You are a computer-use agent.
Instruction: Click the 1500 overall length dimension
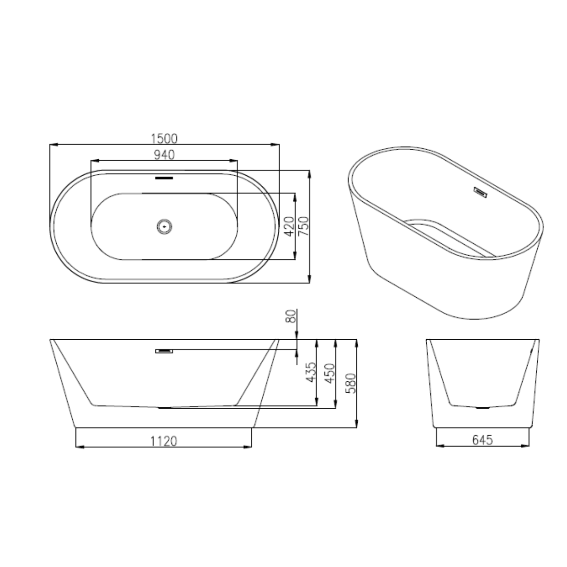[164, 138]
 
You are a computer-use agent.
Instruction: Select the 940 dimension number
[164, 155]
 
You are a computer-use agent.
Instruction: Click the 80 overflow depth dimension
[291, 316]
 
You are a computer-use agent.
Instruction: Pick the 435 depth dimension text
[310, 373]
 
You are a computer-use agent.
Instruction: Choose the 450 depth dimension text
[329, 373]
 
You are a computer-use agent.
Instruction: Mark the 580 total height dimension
[350, 383]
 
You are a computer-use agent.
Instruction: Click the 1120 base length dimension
[163, 441]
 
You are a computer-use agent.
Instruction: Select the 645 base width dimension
[482, 440]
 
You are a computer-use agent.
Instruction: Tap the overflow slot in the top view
[164, 179]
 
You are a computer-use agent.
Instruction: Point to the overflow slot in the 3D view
[481, 193]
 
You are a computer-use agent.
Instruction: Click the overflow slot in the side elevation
[165, 351]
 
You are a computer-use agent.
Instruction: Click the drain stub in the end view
[482, 407]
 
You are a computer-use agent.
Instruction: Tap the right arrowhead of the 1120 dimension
[249, 447]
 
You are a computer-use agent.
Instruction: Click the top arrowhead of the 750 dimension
[309, 173]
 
